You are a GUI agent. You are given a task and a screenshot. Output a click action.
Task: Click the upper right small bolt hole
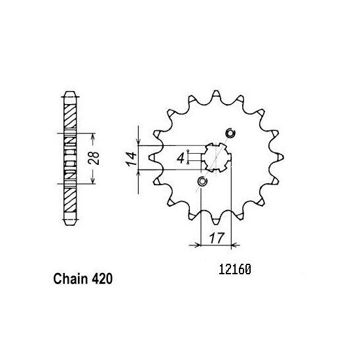tap(229, 134)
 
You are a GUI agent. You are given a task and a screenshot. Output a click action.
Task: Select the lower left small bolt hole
tap(202, 181)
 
